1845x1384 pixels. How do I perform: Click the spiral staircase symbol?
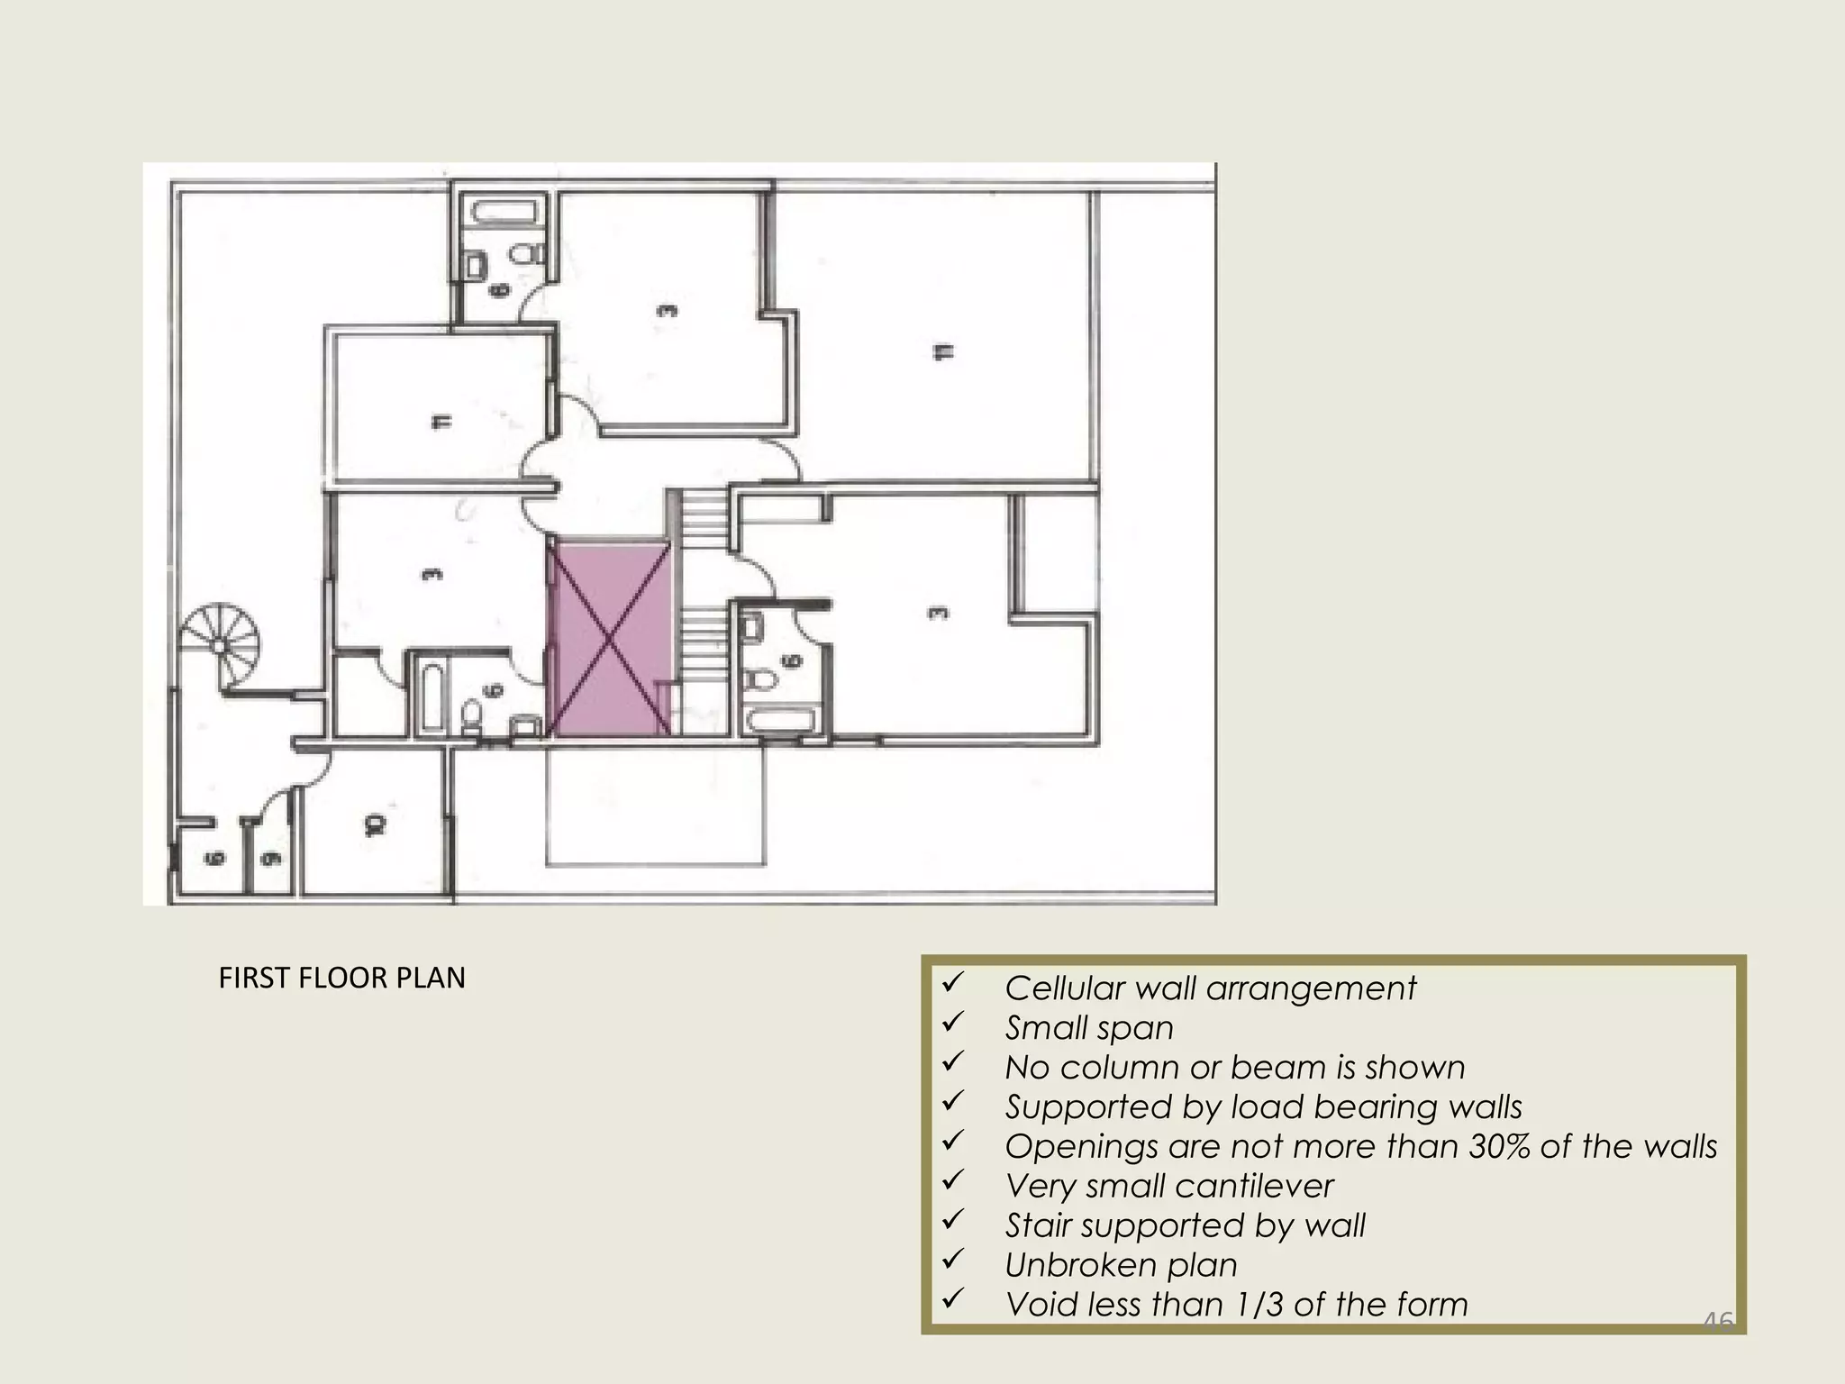click(222, 646)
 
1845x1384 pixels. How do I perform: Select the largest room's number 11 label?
click(942, 351)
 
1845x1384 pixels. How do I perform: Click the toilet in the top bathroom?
click(523, 253)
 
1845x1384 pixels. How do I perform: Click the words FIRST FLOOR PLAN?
click(341, 978)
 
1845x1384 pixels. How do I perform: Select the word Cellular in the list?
click(1064, 988)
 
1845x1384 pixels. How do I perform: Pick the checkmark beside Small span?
click(953, 1024)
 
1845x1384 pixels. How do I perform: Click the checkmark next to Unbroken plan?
click(953, 1261)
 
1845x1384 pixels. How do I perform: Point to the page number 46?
click(1717, 1322)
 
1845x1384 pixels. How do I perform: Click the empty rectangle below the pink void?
click(655, 804)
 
